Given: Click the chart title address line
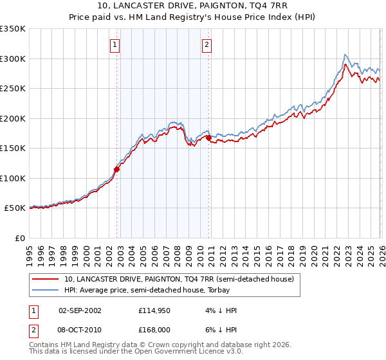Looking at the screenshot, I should (x=193, y=6).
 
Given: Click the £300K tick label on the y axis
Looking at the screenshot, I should (x=13, y=59).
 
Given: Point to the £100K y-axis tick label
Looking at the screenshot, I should (x=13, y=178).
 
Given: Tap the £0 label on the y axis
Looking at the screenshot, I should (x=20, y=238).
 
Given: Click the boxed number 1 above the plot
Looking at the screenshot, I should (x=115, y=45).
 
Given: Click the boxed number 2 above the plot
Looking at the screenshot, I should (x=207, y=45).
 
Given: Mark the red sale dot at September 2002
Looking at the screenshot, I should (x=116, y=170).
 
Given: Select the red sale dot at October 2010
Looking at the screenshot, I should (x=208, y=138).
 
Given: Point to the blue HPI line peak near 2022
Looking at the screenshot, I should (x=345, y=55).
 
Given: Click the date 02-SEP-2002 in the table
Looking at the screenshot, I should (x=80, y=310).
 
